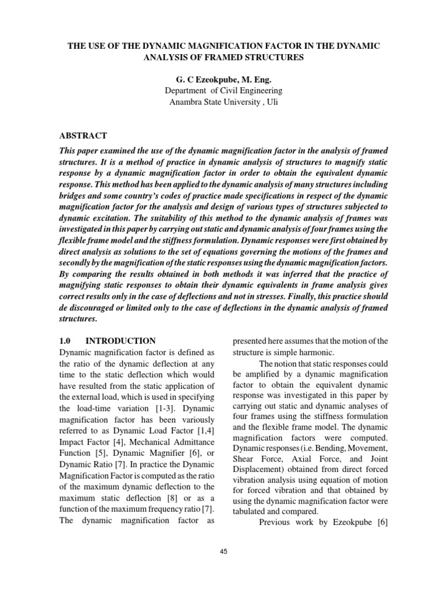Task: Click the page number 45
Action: tap(223, 551)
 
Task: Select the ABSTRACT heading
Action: tap(83, 136)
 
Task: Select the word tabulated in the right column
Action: tap(251, 510)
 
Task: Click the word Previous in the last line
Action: tap(275, 522)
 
